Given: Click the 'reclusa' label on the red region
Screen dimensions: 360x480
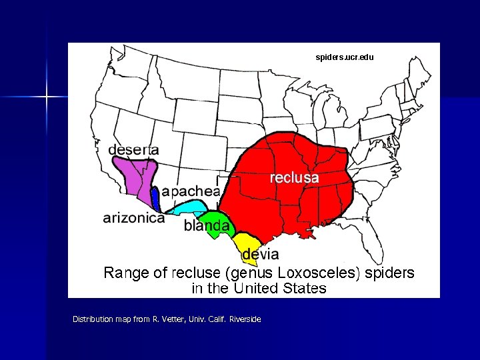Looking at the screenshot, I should [294, 178].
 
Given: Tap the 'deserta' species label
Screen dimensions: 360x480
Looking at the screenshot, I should [133, 149].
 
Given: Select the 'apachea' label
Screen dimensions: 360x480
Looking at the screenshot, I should [190, 191].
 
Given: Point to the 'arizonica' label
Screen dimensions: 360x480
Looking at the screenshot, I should [133, 218].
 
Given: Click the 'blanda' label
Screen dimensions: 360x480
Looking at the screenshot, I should [207, 226].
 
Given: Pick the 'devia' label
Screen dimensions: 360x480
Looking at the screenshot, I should [260, 254].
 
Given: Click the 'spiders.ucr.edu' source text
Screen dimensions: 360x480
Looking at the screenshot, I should [345, 57].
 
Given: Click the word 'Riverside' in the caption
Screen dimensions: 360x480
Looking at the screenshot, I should [245, 319].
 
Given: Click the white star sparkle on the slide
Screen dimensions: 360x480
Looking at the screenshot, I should [47, 97].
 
